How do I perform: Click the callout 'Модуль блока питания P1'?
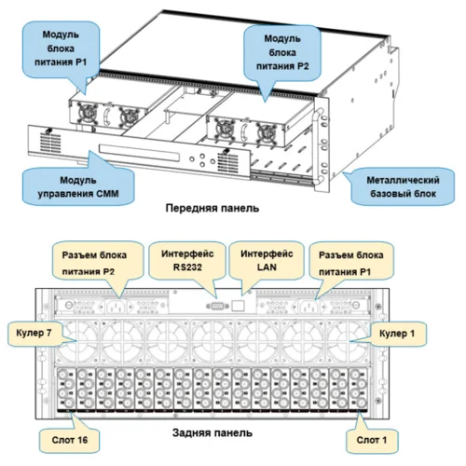click(61, 48)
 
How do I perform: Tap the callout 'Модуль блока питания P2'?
click(282, 52)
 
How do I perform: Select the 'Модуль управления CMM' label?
click(78, 186)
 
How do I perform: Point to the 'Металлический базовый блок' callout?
click(403, 186)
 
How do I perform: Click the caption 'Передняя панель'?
click(212, 208)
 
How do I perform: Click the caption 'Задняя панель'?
click(212, 432)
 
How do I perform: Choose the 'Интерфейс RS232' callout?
click(187, 260)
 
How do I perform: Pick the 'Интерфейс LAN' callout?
click(267, 260)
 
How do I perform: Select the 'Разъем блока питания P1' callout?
click(351, 263)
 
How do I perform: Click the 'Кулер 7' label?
click(34, 334)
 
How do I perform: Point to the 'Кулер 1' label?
click(397, 334)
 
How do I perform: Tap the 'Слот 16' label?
click(70, 440)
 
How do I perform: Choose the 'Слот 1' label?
click(372, 440)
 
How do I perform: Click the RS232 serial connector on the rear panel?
click(217, 306)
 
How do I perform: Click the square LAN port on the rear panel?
click(238, 306)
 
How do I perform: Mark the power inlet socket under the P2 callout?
click(116, 306)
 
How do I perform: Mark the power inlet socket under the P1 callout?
click(309, 306)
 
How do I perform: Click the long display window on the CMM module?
click(139, 153)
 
